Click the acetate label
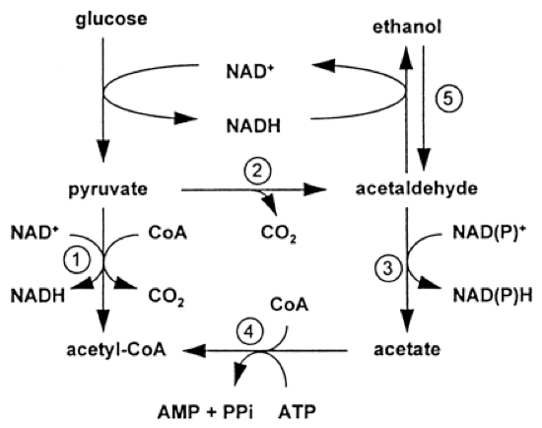tap(405, 349)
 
